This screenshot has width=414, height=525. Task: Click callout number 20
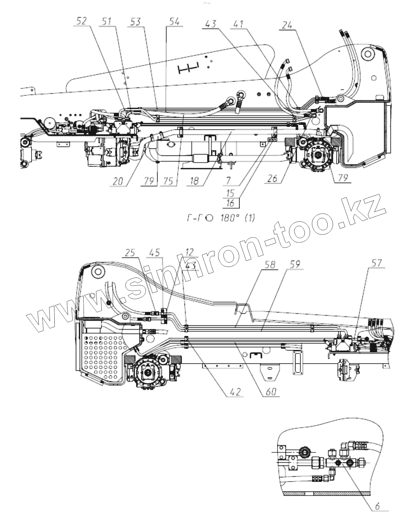[118, 182]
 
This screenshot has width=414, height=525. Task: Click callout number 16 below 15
[231, 203]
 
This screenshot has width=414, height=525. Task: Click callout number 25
[132, 252]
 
